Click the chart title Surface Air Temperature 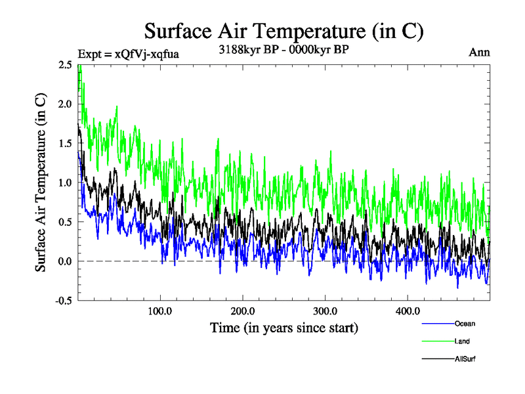283,31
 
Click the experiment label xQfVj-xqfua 128,54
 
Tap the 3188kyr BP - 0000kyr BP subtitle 283,49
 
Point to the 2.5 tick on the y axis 65,64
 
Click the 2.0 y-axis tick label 65,104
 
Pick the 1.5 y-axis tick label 65,143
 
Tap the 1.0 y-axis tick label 65,183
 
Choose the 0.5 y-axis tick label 65,222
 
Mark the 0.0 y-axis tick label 65,261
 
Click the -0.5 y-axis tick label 64,301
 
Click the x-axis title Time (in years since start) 283,327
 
